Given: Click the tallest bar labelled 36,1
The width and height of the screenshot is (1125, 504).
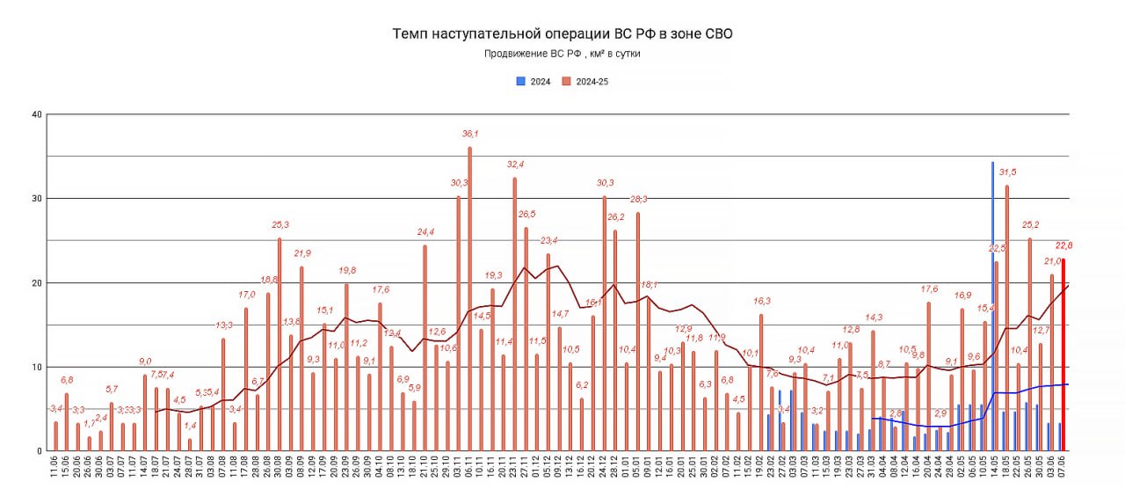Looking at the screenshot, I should click(x=469, y=299).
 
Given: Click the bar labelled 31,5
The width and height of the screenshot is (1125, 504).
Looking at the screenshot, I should click(x=1006, y=318).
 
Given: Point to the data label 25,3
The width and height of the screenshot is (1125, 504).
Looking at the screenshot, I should click(x=279, y=225).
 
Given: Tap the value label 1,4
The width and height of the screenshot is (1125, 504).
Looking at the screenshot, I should click(x=190, y=426).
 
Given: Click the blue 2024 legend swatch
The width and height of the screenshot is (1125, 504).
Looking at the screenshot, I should click(x=520, y=81).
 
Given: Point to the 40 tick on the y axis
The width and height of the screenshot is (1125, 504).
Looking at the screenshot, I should click(x=36, y=114).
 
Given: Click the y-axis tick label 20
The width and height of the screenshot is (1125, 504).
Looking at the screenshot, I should click(x=36, y=283).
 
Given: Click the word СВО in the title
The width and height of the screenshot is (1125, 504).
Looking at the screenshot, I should click(x=715, y=34).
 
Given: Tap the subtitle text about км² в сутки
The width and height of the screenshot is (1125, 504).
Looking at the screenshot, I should click(x=562, y=55).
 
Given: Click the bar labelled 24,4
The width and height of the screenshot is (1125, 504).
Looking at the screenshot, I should click(x=425, y=348).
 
